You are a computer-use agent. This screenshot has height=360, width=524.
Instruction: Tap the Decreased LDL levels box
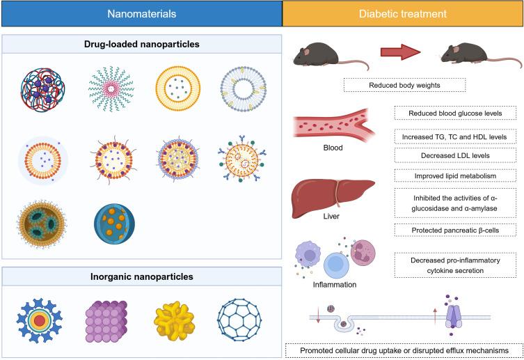[x=456, y=153]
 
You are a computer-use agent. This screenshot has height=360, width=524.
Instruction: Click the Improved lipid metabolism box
[x=456, y=174]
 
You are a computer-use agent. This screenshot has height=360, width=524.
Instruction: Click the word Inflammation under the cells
[x=336, y=284]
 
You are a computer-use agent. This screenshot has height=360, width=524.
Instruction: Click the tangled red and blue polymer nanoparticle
[x=43, y=89]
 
